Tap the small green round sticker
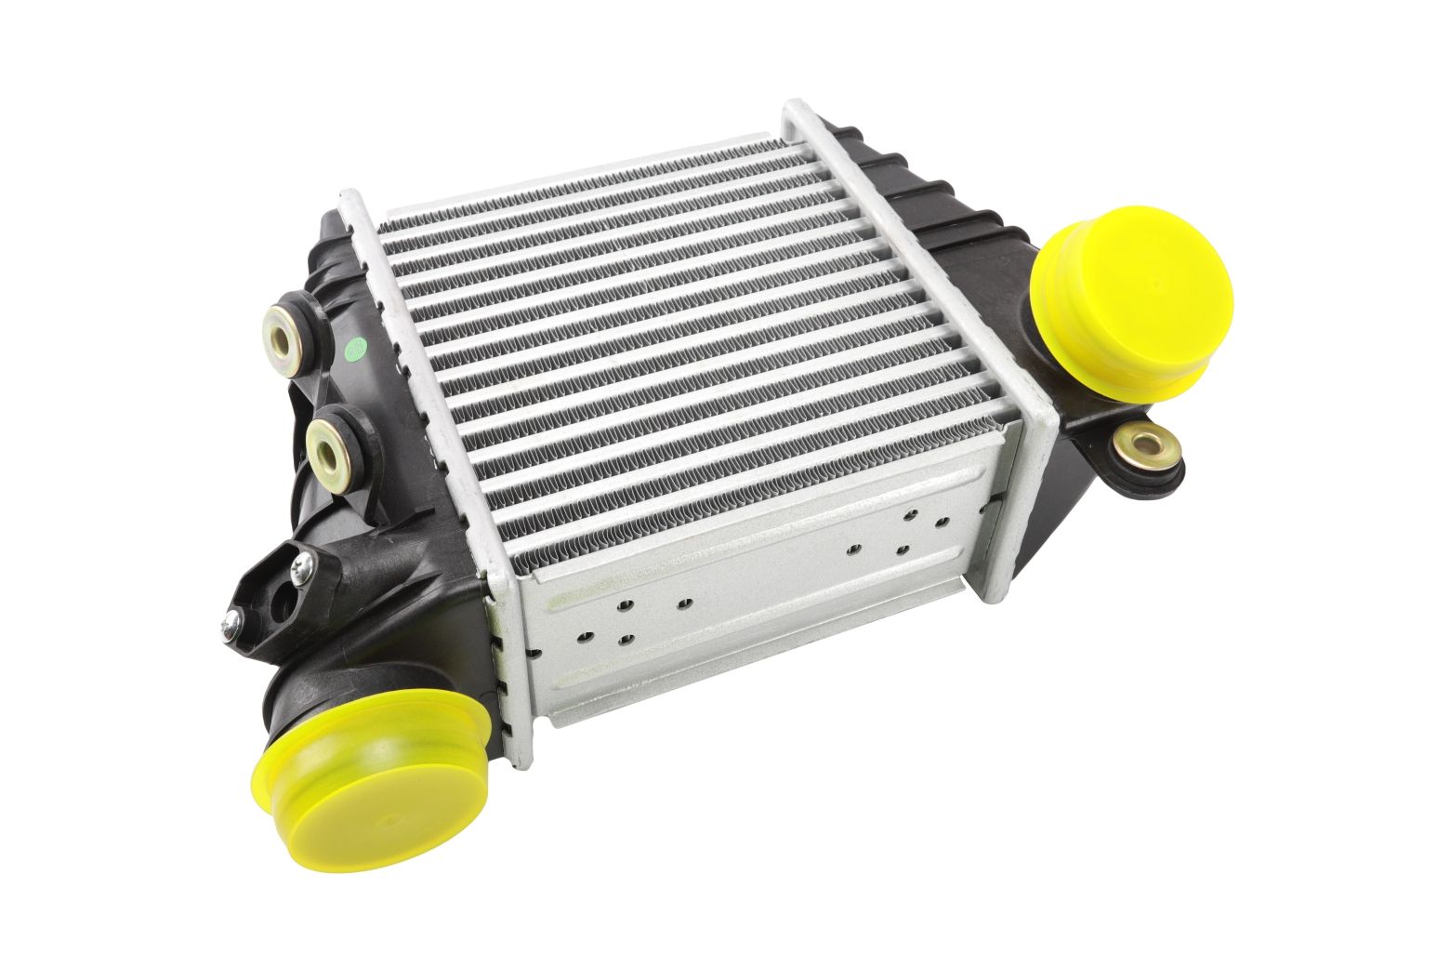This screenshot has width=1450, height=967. (353, 351)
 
